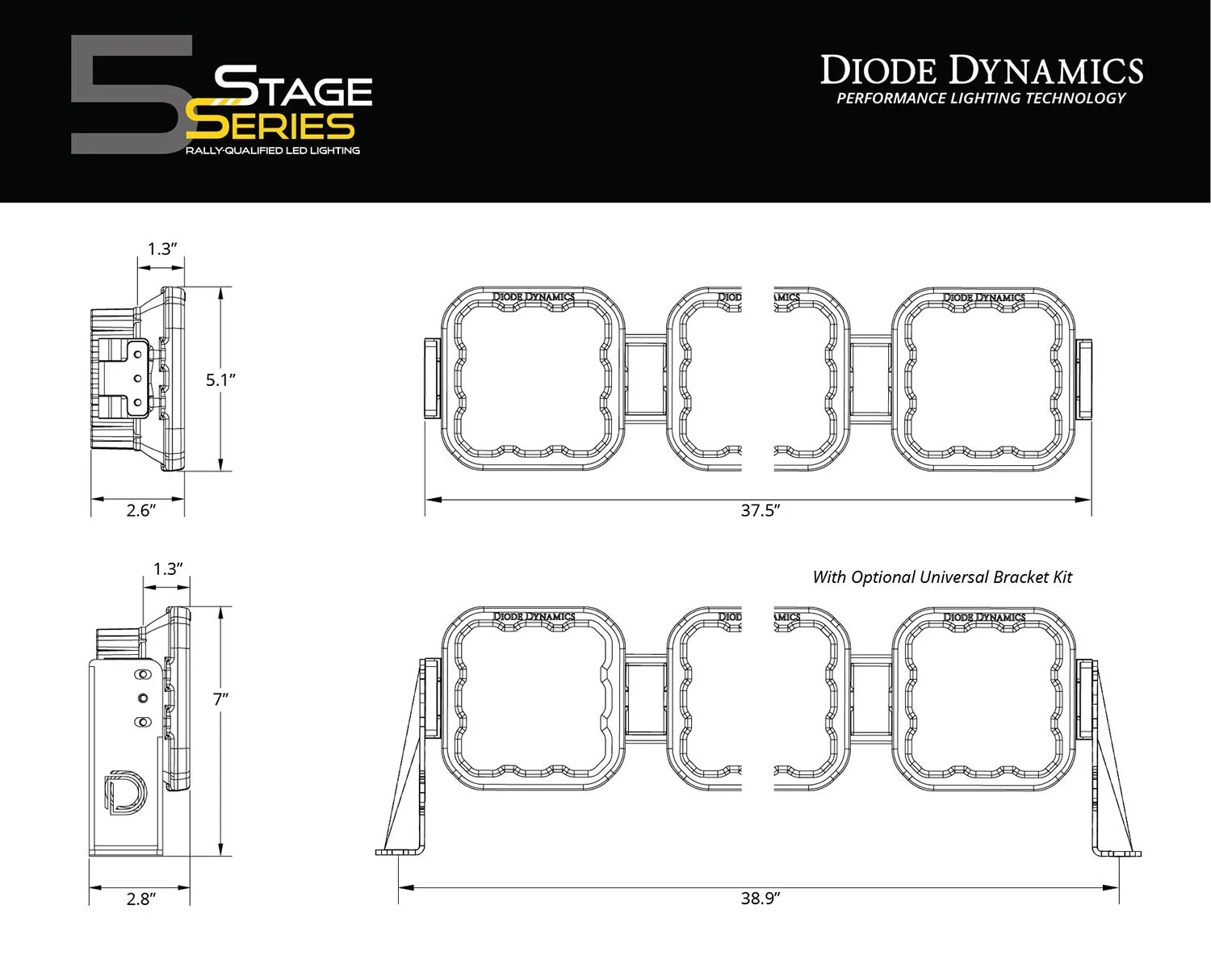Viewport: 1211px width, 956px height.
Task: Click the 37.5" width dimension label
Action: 760,510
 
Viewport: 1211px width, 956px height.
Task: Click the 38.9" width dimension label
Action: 760,898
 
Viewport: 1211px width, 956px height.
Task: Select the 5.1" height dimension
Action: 220,379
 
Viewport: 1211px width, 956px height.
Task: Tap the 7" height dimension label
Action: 220,699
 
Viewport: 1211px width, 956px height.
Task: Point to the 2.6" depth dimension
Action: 140,510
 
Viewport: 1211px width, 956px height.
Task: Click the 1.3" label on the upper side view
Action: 161,249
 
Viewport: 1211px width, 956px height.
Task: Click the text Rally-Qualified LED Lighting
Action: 272,151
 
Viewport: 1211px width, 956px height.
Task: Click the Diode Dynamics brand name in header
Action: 981,71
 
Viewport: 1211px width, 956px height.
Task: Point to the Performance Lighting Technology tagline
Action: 980,99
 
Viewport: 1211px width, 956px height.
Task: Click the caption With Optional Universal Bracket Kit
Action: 942,577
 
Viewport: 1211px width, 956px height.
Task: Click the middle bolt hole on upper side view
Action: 138,378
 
